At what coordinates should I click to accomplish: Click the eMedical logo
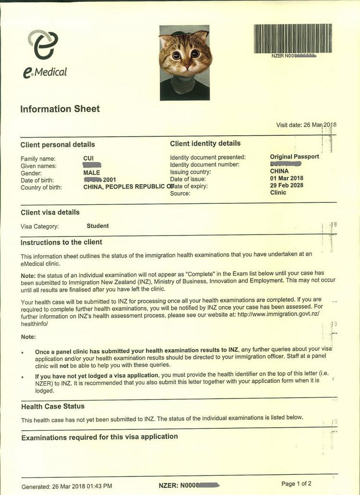pyautogui.click(x=44, y=54)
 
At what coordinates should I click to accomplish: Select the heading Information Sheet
pyautogui.click(x=60, y=109)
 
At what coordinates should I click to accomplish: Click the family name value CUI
pyautogui.click(x=89, y=158)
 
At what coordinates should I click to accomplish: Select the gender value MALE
pyautogui.click(x=92, y=173)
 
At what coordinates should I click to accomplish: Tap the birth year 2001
pyautogui.click(x=109, y=180)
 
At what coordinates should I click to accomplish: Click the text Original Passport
pyautogui.click(x=294, y=157)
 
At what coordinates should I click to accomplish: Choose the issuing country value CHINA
pyautogui.click(x=279, y=171)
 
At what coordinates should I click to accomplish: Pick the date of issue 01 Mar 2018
pyautogui.click(x=287, y=178)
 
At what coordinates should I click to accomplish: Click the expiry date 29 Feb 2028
pyautogui.click(x=287, y=186)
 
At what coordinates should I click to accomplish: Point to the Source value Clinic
pyautogui.click(x=278, y=193)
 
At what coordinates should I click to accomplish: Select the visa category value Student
pyautogui.click(x=97, y=226)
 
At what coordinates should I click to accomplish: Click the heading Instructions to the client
pyautogui.click(x=61, y=242)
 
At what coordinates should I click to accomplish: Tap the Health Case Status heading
pyautogui.click(x=53, y=407)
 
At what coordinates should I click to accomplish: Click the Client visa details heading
pyautogui.click(x=50, y=212)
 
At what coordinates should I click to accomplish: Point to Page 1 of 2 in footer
pyautogui.click(x=296, y=483)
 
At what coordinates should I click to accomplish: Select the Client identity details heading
pyautogui.click(x=205, y=143)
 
